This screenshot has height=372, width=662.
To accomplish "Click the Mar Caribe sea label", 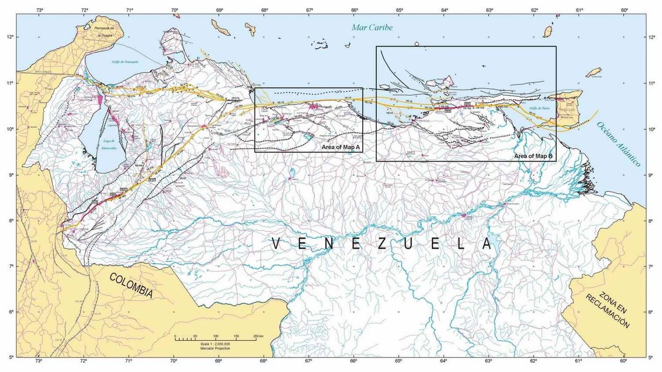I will click(x=372, y=28).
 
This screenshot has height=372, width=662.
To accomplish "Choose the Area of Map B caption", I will click(x=533, y=156).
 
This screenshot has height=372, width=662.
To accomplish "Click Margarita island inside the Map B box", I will click(x=442, y=83).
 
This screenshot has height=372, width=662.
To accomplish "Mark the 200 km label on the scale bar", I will click(x=258, y=336).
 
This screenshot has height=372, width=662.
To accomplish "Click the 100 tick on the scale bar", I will click(x=216, y=336).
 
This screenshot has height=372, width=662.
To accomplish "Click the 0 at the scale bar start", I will click(x=175, y=336).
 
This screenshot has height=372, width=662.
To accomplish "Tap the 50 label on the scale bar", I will click(x=195, y=336).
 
